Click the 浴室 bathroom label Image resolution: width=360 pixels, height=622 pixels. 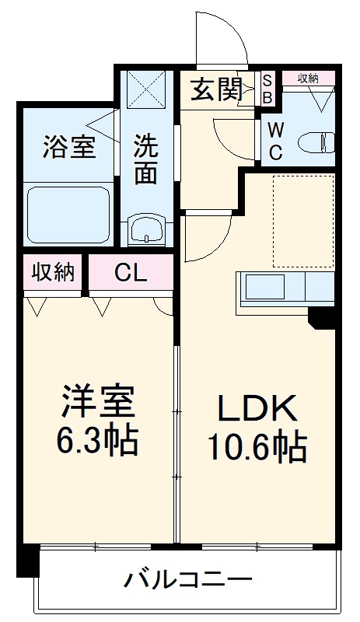(x=69, y=147)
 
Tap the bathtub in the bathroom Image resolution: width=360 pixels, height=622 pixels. (x=68, y=213)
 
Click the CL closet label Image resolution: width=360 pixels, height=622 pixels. (x=130, y=272)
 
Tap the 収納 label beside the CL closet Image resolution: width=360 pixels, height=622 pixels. (x=53, y=272)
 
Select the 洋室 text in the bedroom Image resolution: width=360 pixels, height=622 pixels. (x=99, y=402)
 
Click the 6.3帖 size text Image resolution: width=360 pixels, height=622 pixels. (x=99, y=440)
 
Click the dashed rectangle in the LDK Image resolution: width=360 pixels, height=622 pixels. (x=303, y=220)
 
